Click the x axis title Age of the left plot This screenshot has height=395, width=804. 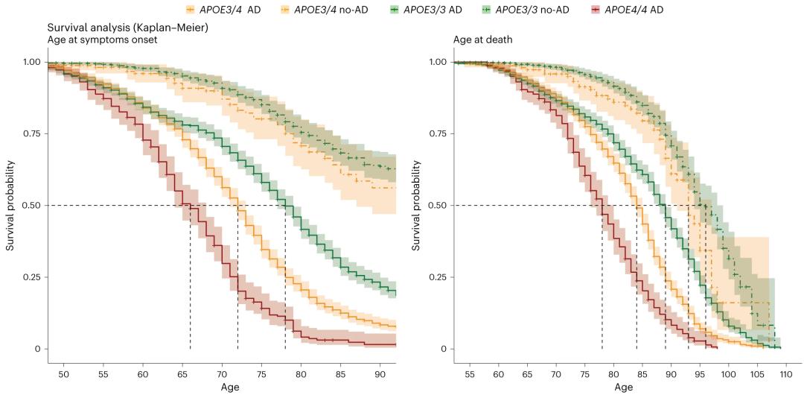(230, 387)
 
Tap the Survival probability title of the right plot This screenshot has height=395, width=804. (418, 205)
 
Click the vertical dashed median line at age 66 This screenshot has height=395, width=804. (190, 283)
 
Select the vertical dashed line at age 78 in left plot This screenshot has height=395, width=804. (285, 283)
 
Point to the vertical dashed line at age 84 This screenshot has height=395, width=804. (636, 283)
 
